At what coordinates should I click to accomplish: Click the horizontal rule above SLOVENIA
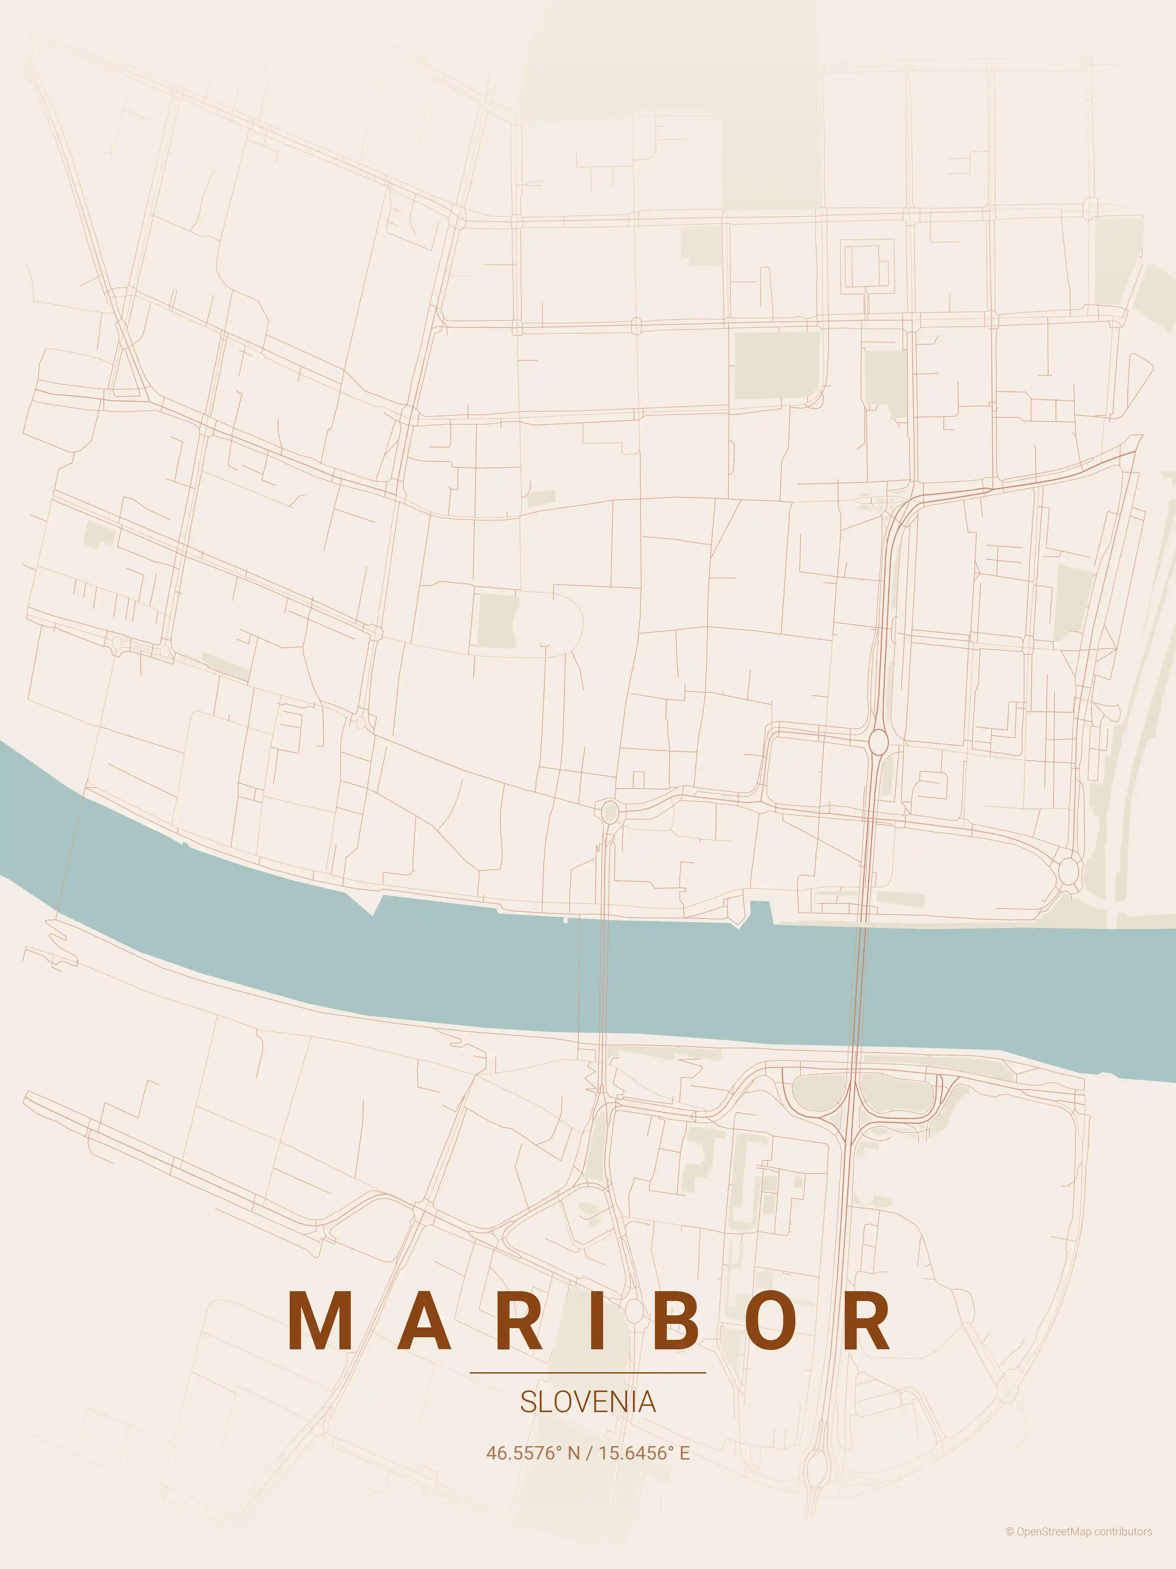(x=588, y=1373)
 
